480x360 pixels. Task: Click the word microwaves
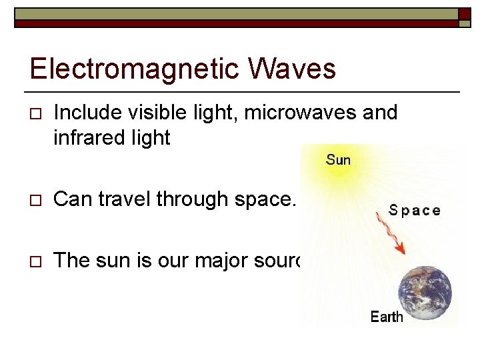pos(299,113)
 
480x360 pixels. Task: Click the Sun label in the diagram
pos(338,160)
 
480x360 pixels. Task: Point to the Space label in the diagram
pos(414,211)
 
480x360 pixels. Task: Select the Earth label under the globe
pos(387,317)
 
